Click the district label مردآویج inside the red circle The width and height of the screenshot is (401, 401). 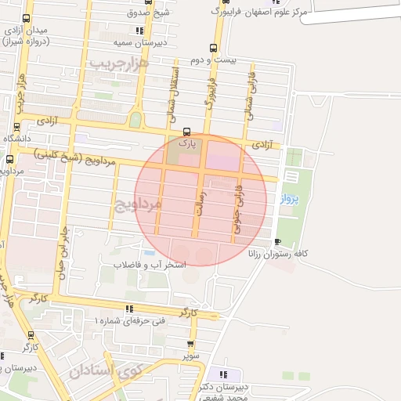click(x=138, y=206)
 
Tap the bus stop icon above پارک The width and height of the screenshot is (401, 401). click(x=186, y=132)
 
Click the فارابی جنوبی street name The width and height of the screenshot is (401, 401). click(x=237, y=211)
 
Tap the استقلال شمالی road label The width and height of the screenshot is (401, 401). click(x=173, y=97)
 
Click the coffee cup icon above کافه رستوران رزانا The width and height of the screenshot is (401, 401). click(x=278, y=242)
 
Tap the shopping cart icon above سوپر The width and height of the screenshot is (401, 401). click(x=191, y=343)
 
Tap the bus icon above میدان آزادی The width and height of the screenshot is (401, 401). click(x=27, y=18)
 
